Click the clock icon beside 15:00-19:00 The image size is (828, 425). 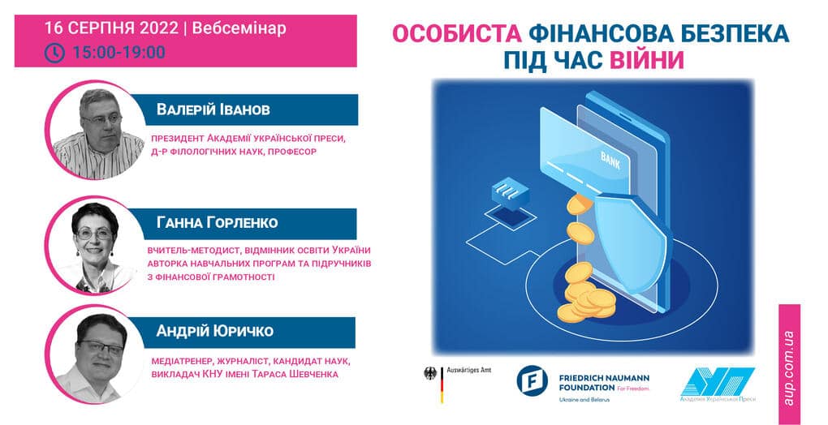pyautogui.click(x=55, y=53)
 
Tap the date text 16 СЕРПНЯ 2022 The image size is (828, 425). pyautogui.click(x=111, y=28)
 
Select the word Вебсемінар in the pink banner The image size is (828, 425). pyautogui.click(x=239, y=28)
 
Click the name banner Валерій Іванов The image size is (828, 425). pyautogui.click(x=244, y=109)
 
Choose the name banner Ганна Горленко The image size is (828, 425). pyautogui.click(x=243, y=223)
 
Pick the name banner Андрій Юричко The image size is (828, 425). pyautogui.click(x=242, y=332)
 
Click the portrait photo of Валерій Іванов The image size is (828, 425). pyautogui.click(x=98, y=130)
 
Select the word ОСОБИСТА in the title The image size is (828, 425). pyautogui.click(x=457, y=34)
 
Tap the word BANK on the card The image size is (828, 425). pyautogui.click(x=610, y=161)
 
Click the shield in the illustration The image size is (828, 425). pyautogui.click(x=632, y=243)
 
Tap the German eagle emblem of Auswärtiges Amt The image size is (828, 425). pyautogui.click(x=430, y=373)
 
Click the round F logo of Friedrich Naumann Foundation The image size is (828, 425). pyautogui.click(x=532, y=379)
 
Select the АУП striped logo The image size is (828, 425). pyautogui.click(x=718, y=382)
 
